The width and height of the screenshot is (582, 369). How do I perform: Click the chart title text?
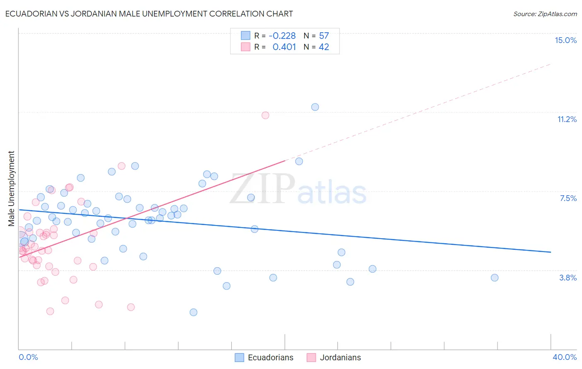tap(149, 14)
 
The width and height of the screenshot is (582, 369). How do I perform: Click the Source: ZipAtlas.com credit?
tap(545, 14)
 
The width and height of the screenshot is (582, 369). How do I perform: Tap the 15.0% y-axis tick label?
tap(565, 40)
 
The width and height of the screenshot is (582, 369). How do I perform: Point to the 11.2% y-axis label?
tap(567, 119)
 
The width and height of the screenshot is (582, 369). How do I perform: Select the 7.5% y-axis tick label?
tap(568, 198)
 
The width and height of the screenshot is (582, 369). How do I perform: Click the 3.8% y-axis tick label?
tap(568, 278)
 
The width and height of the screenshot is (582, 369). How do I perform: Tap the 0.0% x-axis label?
tap(28, 357)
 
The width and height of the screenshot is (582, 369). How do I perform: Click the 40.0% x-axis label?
tap(564, 357)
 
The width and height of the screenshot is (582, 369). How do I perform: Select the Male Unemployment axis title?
tap(11, 188)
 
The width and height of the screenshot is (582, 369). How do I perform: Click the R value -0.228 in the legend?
tap(282, 36)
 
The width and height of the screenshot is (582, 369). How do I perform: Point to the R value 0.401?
tap(284, 47)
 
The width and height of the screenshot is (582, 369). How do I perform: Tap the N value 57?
tap(324, 36)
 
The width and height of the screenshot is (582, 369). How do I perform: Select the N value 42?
tap(324, 47)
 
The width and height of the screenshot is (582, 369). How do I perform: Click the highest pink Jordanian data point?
tap(265, 115)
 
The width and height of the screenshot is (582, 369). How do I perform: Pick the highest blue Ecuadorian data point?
tap(315, 107)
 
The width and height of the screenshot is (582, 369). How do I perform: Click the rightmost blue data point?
tap(494, 278)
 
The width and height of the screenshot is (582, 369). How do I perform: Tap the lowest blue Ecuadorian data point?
tap(193, 312)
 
